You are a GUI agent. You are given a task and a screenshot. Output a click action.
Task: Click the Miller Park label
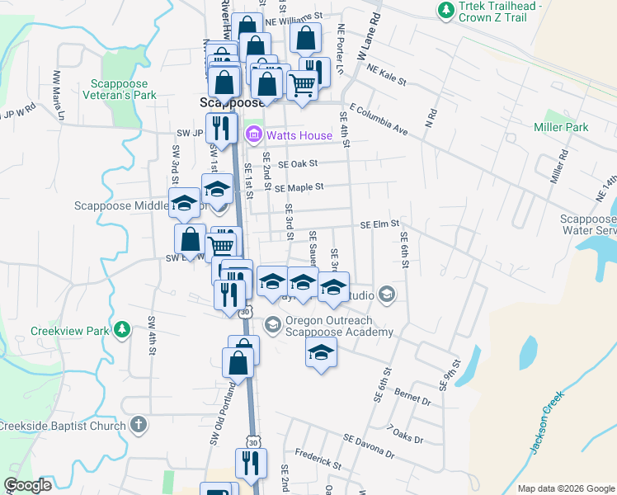tap(561, 127)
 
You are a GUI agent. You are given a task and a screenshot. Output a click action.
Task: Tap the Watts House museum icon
tap(253, 134)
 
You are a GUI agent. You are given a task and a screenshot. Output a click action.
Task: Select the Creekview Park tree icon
tap(123, 330)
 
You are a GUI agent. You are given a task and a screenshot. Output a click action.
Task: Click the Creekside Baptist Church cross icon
tap(139, 425)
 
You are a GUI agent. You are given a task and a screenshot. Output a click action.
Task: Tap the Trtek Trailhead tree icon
tap(446, 10)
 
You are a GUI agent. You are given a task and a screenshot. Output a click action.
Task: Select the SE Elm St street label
tap(379, 224)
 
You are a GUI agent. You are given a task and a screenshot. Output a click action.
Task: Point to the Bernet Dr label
tap(413, 397)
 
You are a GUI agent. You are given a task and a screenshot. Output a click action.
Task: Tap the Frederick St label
tap(318, 459)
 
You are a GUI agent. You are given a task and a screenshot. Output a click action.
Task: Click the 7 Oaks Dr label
tap(404, 435)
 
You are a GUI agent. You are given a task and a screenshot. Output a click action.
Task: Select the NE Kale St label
tap(388, 75)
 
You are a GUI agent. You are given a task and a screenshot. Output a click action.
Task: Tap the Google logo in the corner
tap(27, 485)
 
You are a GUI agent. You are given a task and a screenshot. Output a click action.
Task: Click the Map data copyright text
tap(566, 488)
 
